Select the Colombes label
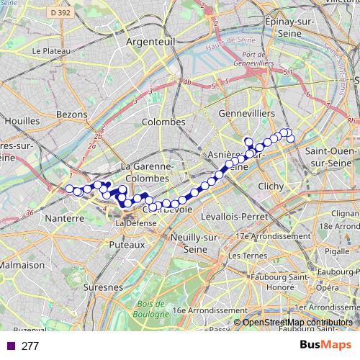tap(163, 122)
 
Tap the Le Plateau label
tap(50, 52)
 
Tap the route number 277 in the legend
tap(30, 346)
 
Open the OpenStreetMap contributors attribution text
tap(297, 323)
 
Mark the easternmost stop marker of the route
tap(292, 138)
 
